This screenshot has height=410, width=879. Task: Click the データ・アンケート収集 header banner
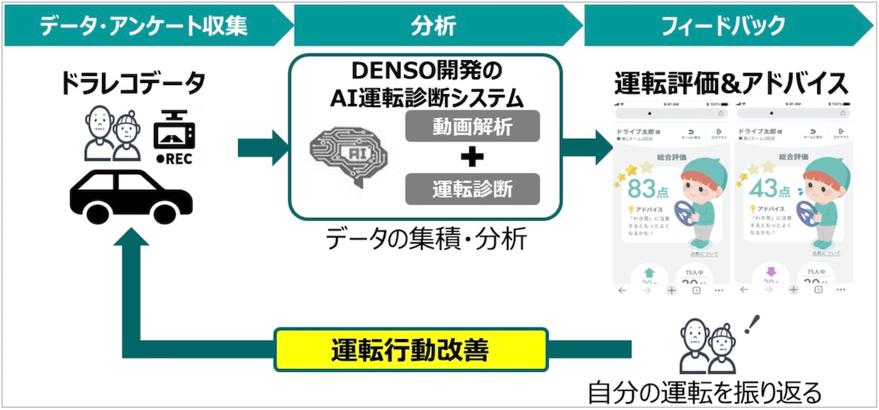(x=142, y=26)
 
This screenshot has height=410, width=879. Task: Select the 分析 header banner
(x=432, y=26)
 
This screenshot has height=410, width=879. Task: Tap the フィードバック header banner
(x=722, y=26)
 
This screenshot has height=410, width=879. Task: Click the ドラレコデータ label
(x=133, y=84)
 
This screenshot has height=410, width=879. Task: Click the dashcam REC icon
(x=174, y=139)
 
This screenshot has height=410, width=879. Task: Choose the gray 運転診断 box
(x=473, y=189)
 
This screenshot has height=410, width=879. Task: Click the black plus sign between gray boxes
(x=472, y=157)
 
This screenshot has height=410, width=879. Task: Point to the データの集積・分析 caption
(x=426, y=240)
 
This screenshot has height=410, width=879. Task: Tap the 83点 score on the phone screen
(x=641, y=189)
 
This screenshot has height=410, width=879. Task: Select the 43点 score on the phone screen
(x=763, y=189)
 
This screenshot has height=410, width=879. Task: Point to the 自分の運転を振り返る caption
(x=705, y=392)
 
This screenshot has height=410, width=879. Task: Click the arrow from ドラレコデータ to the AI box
(x=263, y=148)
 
